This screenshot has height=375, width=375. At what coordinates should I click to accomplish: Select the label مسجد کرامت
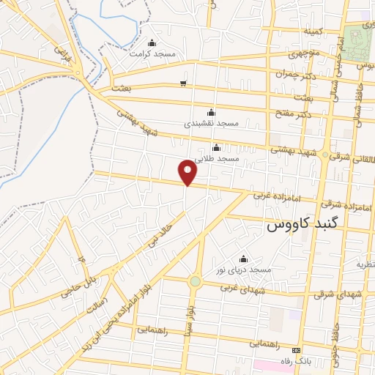(151, 53)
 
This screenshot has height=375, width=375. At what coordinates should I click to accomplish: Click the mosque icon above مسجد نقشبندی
(211, 112)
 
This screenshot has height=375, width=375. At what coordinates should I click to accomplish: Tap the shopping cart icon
(183, 83)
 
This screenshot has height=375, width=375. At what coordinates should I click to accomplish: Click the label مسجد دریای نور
(243, 270)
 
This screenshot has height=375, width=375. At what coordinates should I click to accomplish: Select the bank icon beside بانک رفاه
(297, 350)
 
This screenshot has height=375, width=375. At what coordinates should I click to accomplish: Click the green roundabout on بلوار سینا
(195, 281)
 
